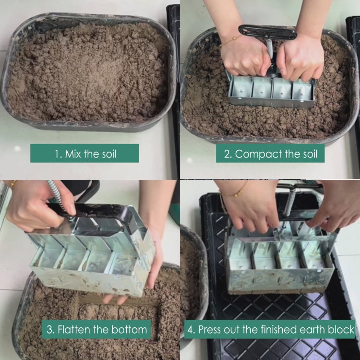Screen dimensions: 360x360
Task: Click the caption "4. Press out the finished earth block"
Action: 270,330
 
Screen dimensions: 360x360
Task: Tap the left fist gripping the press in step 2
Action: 244,58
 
